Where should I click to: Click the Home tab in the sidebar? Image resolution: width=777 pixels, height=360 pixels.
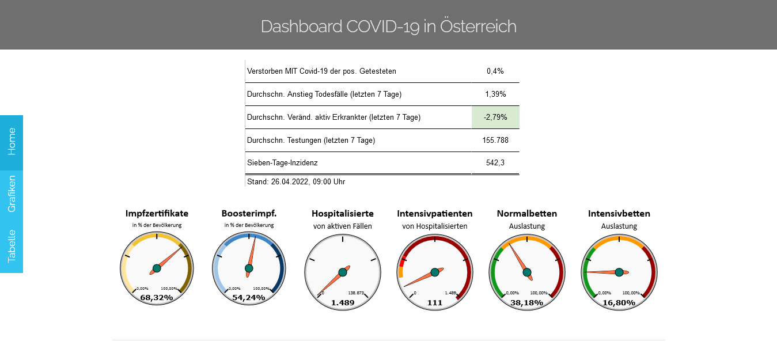point(12,142)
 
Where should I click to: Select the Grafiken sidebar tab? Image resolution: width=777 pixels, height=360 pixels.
point(12,194)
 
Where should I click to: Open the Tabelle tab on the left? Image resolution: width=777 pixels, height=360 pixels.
point(12,246)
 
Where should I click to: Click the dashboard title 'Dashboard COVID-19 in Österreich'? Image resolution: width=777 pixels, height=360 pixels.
point(388,26)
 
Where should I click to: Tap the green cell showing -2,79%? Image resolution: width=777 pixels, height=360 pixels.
point(495,117)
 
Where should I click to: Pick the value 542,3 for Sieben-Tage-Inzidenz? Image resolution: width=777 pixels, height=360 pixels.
point(495,163)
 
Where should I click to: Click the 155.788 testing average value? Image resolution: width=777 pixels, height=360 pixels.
point(495,140)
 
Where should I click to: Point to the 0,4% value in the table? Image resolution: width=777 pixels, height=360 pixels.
point(495,71)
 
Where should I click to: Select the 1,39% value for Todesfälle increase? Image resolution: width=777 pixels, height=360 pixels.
point(495,94)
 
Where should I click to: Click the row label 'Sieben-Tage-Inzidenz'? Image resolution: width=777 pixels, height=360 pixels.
point(282,163)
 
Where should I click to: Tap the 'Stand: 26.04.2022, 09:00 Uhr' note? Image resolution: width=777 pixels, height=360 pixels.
point(296,181)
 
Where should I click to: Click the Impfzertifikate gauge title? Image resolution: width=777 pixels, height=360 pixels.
point(157,214)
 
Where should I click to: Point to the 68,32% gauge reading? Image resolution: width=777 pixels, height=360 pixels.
point(157,297)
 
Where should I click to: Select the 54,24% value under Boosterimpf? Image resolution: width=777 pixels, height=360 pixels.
point(249,297)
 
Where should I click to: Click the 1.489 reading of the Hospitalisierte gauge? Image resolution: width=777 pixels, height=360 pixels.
point(343,302)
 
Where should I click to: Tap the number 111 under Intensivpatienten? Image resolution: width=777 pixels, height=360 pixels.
point(435,302)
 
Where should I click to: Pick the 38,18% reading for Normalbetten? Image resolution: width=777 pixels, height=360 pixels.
point(527,302)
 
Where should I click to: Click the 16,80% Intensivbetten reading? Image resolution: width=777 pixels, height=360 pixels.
point(619,302)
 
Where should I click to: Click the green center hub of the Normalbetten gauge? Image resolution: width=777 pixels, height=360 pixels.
point(527,272)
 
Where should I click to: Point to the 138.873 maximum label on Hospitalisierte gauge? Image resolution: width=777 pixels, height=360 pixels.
point(356,293)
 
